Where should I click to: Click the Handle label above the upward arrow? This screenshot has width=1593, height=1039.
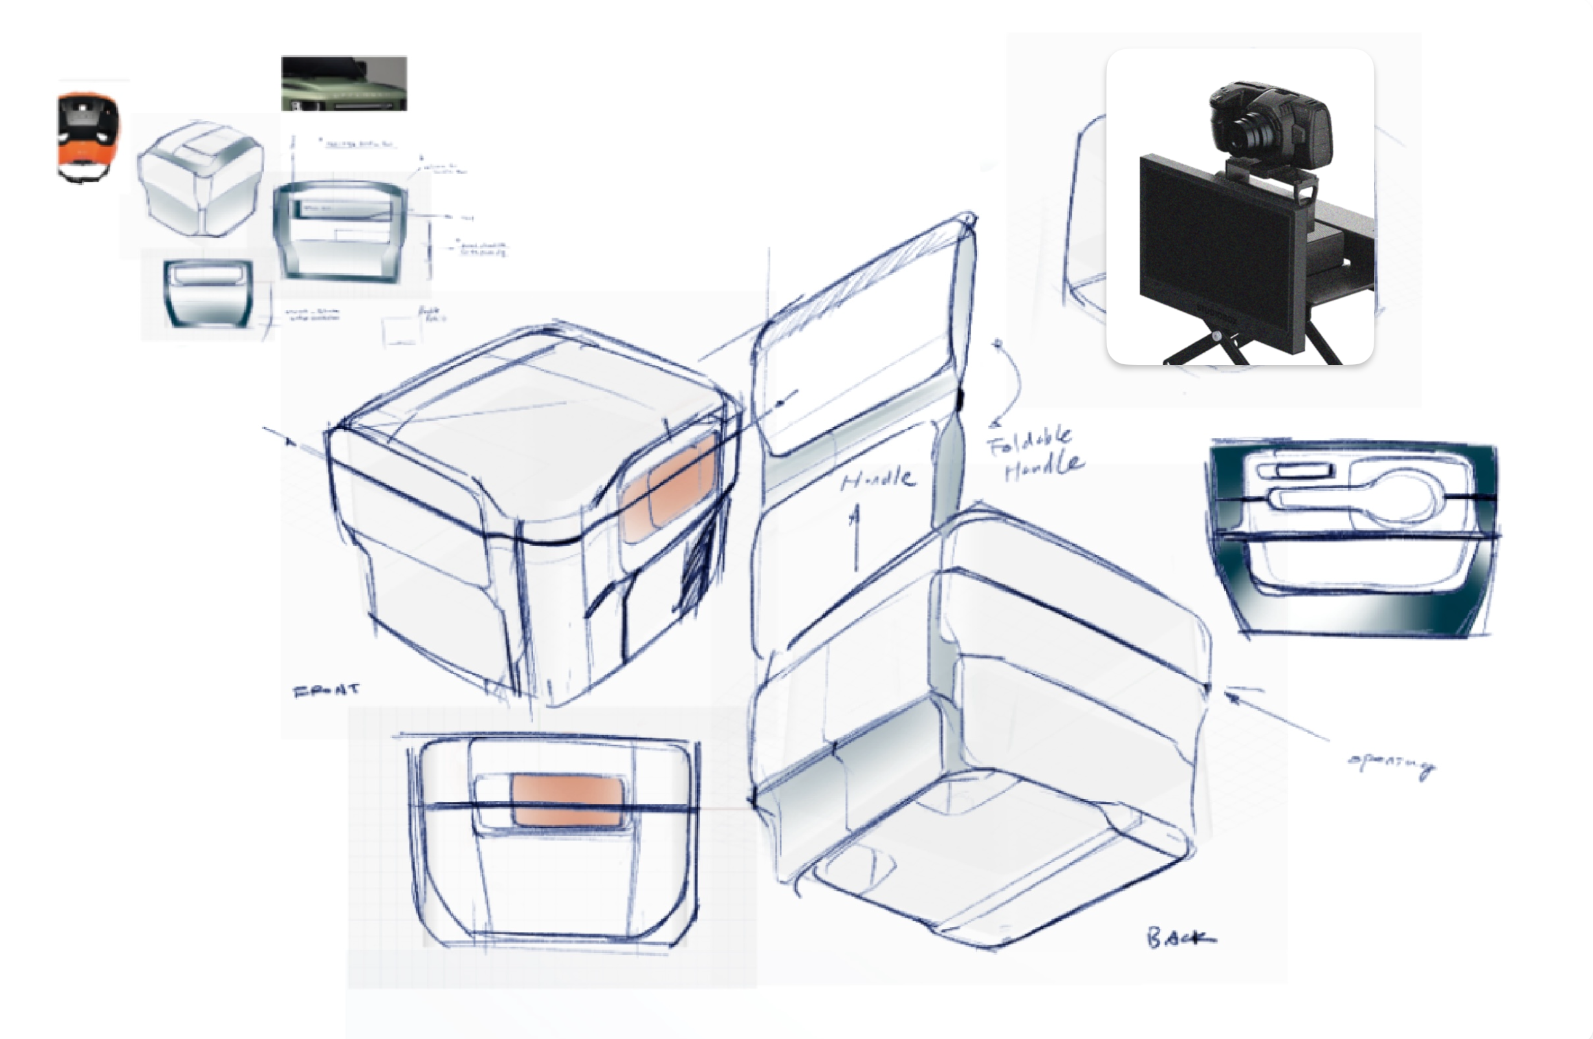coord(877,479)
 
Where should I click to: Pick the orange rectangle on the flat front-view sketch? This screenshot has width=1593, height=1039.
coord(567,800)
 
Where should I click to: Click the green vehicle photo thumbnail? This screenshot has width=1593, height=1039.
coord(344,83)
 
